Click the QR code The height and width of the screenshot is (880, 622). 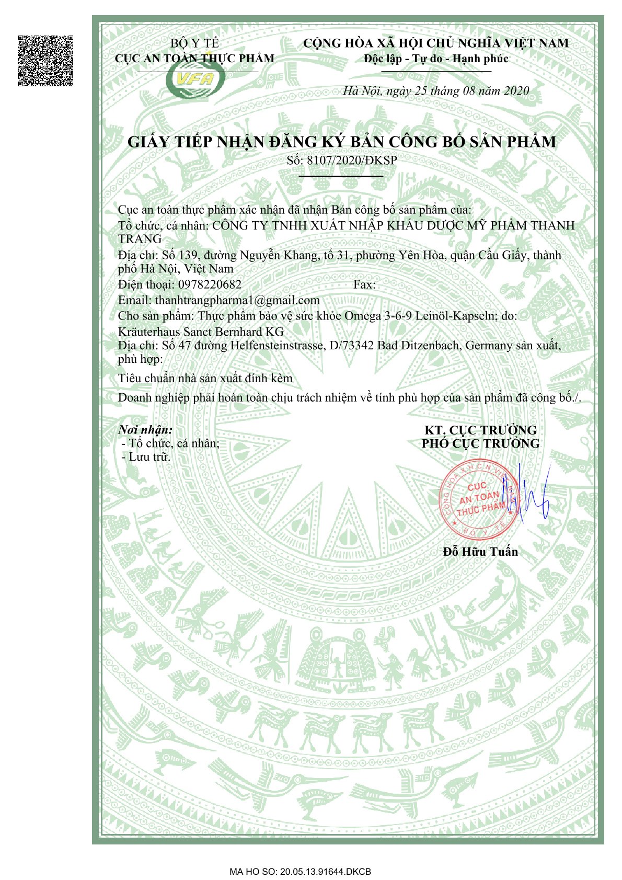coord(45,61)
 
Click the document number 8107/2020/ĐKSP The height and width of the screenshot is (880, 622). coord(352,160)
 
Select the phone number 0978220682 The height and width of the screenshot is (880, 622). coord(210,284)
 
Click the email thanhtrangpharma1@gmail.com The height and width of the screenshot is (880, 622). coord(237,300)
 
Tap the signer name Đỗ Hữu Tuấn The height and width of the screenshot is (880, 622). coord(480,552)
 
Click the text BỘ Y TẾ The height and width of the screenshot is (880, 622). coord(194,43)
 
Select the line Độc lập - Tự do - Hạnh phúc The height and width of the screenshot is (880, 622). coord(436,59)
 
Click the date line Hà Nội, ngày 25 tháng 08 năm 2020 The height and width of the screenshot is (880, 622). coord(436,91)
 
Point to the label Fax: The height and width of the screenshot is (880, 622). coord(364,284)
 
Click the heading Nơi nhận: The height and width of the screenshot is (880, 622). coord(145,430)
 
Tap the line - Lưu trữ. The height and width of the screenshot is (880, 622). coord(146,456)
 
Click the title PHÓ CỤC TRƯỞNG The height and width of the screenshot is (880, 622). coord(480,443)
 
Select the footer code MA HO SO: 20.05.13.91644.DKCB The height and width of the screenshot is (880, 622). coord(300,872)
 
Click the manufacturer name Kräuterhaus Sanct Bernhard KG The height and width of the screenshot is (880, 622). coord(201,332)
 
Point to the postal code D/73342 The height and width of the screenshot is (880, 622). coord(351,346)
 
